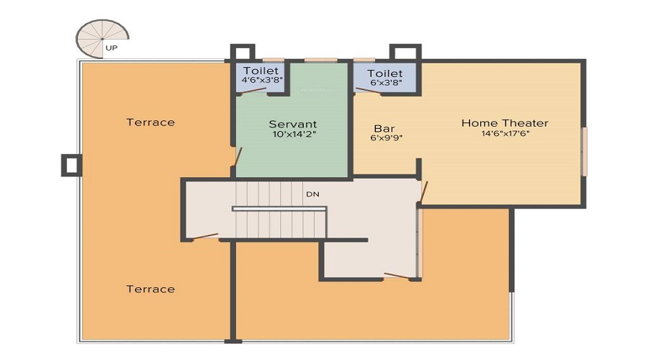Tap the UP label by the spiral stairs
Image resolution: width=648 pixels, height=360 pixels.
click(112, 48)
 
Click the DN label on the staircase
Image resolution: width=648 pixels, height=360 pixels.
click(312, 194)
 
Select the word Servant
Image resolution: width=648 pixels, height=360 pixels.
click(293, 124)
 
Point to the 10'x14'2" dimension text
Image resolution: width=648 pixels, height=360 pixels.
click(294, 134)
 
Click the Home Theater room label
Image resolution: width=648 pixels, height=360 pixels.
click(505, 123)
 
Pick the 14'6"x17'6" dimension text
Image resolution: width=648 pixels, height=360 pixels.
click(505, 133)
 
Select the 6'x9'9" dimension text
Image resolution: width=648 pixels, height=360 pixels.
click(386, 138)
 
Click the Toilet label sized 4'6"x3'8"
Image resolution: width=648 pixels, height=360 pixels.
click(260, 71)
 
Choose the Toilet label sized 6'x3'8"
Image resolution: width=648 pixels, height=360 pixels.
click(384, 73)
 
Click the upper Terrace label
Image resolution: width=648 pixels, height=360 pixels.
click(150, 122)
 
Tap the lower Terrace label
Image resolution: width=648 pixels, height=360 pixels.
click(150, 289)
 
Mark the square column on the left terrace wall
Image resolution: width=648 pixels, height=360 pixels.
click(71, 165)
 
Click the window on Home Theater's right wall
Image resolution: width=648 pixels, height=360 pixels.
click(585, 151)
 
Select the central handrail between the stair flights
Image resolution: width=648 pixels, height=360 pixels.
click(279, 209)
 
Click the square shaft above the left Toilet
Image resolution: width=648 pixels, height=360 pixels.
click(242, 54)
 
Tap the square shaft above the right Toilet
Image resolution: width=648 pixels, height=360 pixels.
click(405, 54)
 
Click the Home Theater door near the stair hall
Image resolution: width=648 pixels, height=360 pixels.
click(423, 192)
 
